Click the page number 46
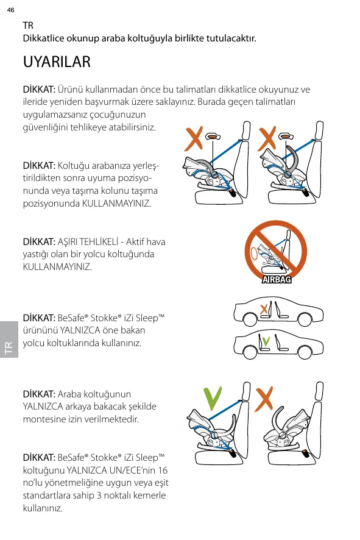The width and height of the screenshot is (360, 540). (x=11, y=10)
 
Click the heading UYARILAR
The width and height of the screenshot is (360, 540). (x=57, y=62)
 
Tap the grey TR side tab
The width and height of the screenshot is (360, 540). (x=9, y=339)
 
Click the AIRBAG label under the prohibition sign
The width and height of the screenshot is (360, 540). (x=277, y=279)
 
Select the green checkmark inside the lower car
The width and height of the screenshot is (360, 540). (x=266, y=341)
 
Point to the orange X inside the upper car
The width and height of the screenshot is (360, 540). (x=264, y=309)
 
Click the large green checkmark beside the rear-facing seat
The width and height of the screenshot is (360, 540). (x=213, y=399)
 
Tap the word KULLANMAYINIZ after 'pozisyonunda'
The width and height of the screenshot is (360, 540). (x=116, y=204)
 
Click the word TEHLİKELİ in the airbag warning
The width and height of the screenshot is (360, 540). (x=99, y=242)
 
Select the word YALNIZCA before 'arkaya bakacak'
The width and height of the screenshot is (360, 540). (x=43, y=407)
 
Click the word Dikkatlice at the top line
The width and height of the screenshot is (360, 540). (x=44, y=38)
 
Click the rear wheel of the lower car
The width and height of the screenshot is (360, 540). (x=305, y=352)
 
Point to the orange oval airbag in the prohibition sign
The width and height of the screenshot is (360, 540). (x=253, y=254)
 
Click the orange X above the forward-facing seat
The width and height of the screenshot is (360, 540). (x=264, y=399)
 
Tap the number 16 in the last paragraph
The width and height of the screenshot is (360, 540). (x=163, y=471)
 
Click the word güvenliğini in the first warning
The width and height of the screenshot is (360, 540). (x=45, y=128)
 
